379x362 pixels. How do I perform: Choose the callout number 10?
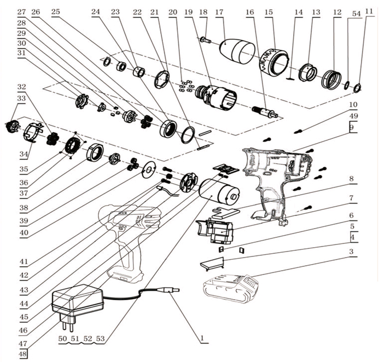click(353, 104)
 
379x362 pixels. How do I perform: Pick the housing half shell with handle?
click(276, 175)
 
